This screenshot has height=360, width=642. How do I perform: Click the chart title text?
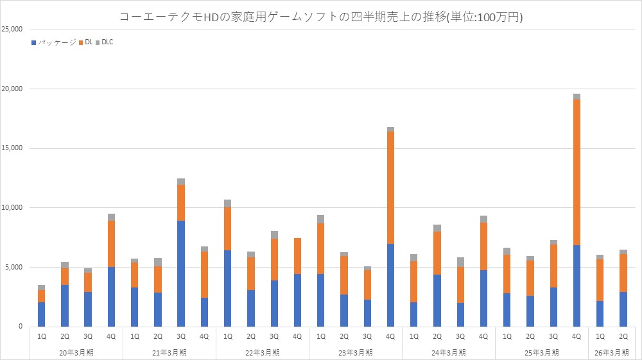tap(321, 17)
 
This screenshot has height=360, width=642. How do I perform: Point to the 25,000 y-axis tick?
tap(13, 30)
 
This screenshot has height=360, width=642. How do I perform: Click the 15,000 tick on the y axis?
tap(13, 148)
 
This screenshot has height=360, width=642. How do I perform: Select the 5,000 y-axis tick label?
tap(15, 267)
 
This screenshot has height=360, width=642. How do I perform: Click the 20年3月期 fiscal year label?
tap(76, 352)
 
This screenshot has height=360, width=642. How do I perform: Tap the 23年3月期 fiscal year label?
tap(356, 352)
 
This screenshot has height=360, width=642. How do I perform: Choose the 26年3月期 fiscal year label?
tap(611, 352)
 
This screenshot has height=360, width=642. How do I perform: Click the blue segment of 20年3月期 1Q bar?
tap(41, 314)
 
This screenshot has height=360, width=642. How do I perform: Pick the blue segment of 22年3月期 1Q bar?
tap(227, 288)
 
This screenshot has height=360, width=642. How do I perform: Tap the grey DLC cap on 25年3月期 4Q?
tap(577, 97)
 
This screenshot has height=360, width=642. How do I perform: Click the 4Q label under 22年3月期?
tap(297, 336)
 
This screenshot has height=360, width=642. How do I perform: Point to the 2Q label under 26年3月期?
tap(623, 336)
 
